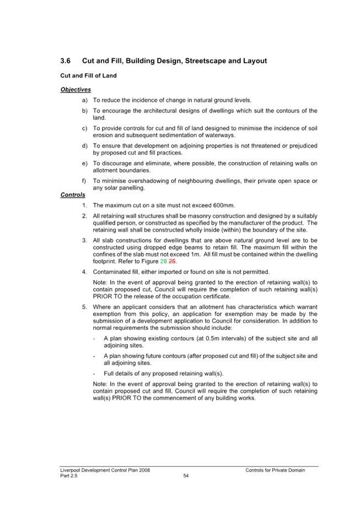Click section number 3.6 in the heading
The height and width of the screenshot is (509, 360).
click(65, 61)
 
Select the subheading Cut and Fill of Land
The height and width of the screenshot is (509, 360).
click(88, 75)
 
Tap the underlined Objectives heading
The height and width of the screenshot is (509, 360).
click(76, 90)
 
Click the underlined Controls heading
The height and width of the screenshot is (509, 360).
click(73, 195)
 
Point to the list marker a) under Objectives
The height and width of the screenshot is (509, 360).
click(84, 100)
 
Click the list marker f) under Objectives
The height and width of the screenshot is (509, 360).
click(84, 181)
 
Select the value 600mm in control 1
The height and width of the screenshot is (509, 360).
click(224, 205)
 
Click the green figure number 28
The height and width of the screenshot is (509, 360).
click(163, 261)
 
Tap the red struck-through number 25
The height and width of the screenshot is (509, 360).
click(172, 261)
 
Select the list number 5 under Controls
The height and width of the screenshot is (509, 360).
click(84, 307)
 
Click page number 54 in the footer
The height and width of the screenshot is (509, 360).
click(186, 476)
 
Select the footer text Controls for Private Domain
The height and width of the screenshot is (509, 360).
click(275, 470)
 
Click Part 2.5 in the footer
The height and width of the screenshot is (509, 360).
click(69, 476)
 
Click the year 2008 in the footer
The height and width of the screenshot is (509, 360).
click(144, 470)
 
